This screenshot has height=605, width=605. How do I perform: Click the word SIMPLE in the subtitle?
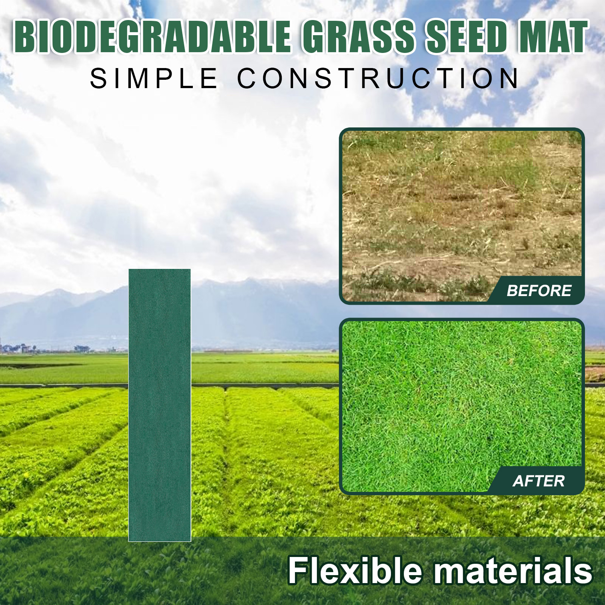click(x=154, y=79)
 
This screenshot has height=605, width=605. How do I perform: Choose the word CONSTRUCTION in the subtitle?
click(x=378, y=79)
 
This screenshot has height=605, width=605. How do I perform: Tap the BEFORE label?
click(x=539, y=291)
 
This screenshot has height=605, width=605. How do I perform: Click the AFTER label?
click(x=539, y=481)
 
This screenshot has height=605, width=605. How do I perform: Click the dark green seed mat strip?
click(x=160, y=405)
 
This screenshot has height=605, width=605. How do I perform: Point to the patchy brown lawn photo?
click(x=462, y=216)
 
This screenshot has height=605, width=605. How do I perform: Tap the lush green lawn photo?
click(x=462, y=406)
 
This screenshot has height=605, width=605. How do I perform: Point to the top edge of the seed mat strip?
click(x=160, y=269)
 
